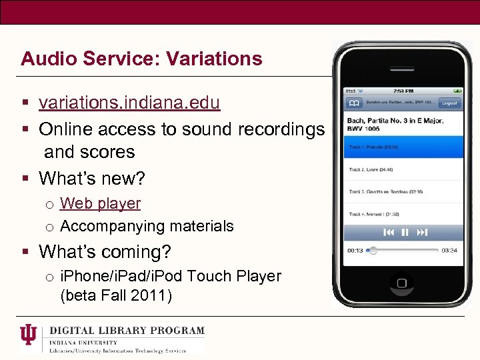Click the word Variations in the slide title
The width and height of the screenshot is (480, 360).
coord(215,59)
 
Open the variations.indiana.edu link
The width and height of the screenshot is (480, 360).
coord(129,103)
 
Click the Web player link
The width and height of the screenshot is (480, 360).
coord(101,203)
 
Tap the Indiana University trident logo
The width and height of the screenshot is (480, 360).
coord(29,335)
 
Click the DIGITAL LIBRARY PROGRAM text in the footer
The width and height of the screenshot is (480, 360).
coord(127,330)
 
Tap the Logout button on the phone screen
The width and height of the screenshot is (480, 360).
coord(449,103)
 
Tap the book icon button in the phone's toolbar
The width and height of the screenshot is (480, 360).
coord(353,103)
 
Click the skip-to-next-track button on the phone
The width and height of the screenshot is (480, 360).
coord(422,233)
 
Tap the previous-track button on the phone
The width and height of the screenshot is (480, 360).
coord(389,233)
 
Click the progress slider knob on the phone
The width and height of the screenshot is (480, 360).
coord(373,251)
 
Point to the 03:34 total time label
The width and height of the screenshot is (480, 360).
coord(449,251)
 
